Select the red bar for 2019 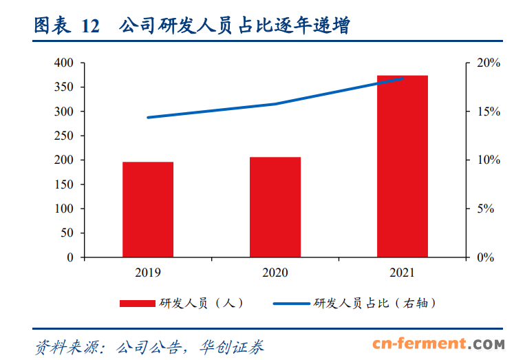[x=148, y=209]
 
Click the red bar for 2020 [x=275, y=207]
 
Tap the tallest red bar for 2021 [x=403, y=166]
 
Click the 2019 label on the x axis [x=148, y=273]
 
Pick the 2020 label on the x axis [x=275, y=273]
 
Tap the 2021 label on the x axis [x=403, y=273]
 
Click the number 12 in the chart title [x=90, y=27]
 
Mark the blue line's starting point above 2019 [x=148, y=118]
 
